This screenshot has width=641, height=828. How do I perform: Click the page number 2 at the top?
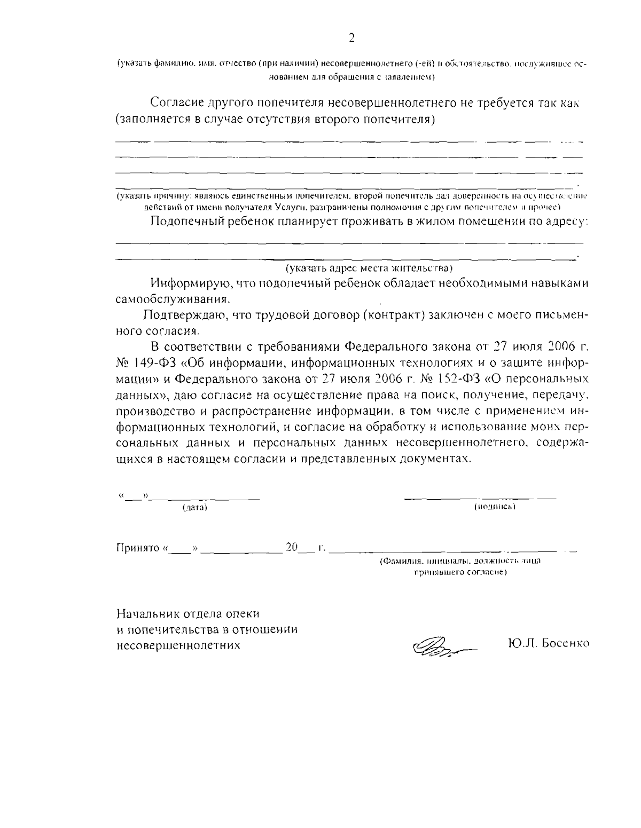click(x=351, y=38)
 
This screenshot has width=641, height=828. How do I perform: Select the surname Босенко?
click(x=565, y=643)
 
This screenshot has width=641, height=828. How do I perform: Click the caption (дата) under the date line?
click(x=194, y=507)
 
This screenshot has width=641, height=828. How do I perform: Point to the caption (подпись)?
click(x=494, y=506)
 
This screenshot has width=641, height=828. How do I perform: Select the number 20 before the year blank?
click(x=292, y=547)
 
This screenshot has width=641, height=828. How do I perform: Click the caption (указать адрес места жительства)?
click(x=369, y=267)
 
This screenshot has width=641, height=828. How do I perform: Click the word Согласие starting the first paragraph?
click(x=179, y=102)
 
